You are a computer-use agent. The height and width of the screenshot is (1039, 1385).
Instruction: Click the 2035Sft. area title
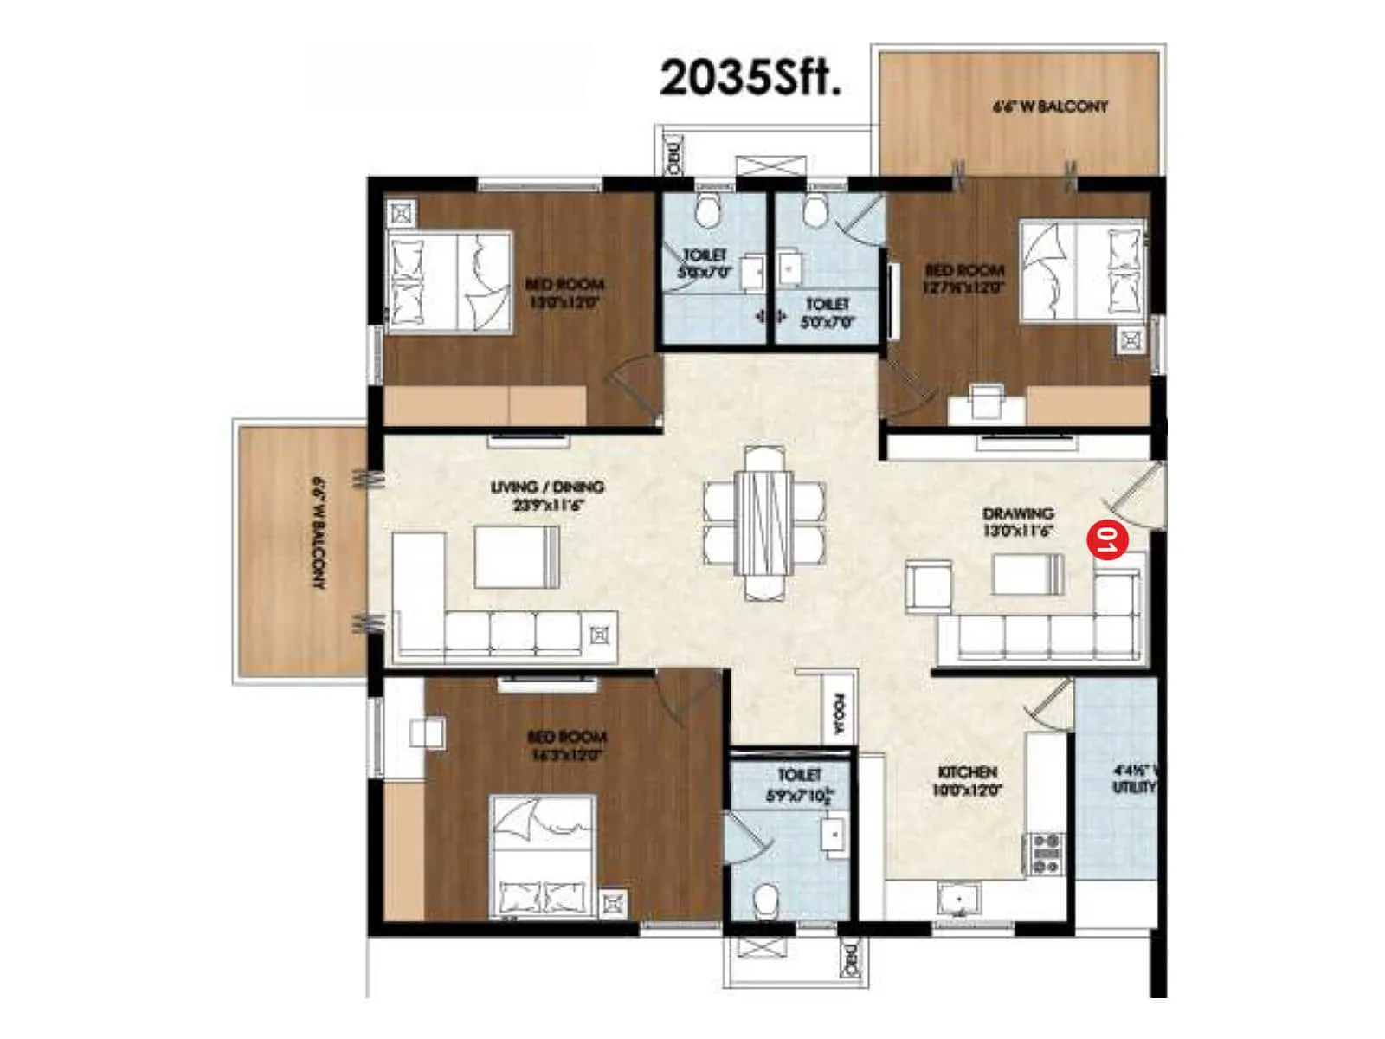pyautogui.click(x=750, y=78)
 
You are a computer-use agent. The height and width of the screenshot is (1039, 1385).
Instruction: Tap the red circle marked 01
pyautogui.click(x=1107, y=540)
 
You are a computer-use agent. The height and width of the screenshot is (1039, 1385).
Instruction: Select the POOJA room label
pyautogui.click(x=838, y=713)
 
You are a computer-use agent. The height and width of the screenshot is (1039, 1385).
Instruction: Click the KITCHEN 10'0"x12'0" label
pyautogui.click(x=967, y=780)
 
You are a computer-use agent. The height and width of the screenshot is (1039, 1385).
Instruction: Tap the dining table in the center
pyautogui.click(x=763, y=522)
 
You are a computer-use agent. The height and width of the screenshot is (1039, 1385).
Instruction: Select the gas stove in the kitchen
pyautogui.click(x=1045, y=853)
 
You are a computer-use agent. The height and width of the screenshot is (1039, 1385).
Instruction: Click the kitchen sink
pyautogui.click(x=959, y=900)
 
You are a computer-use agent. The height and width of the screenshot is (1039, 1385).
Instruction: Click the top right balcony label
pyautogui.click(x=1049, y=106)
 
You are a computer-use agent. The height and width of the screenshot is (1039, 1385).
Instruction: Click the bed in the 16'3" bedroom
pyautogui.click(x=543, y=856)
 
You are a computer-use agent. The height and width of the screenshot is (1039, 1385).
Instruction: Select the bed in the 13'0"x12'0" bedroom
pyautogui.click(x=448, y=281)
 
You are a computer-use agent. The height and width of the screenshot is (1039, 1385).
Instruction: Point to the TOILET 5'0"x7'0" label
pyautogui.click(x=828, y=313)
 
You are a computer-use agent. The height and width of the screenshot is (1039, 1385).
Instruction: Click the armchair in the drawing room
pyautogui.click(x=928, y=586)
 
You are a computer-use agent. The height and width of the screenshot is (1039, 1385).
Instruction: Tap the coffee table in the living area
pyautogui.click(x=516, y=557)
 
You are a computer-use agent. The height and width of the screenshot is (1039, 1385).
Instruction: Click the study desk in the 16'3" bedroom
pyautogui.click(x=427, y=732)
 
